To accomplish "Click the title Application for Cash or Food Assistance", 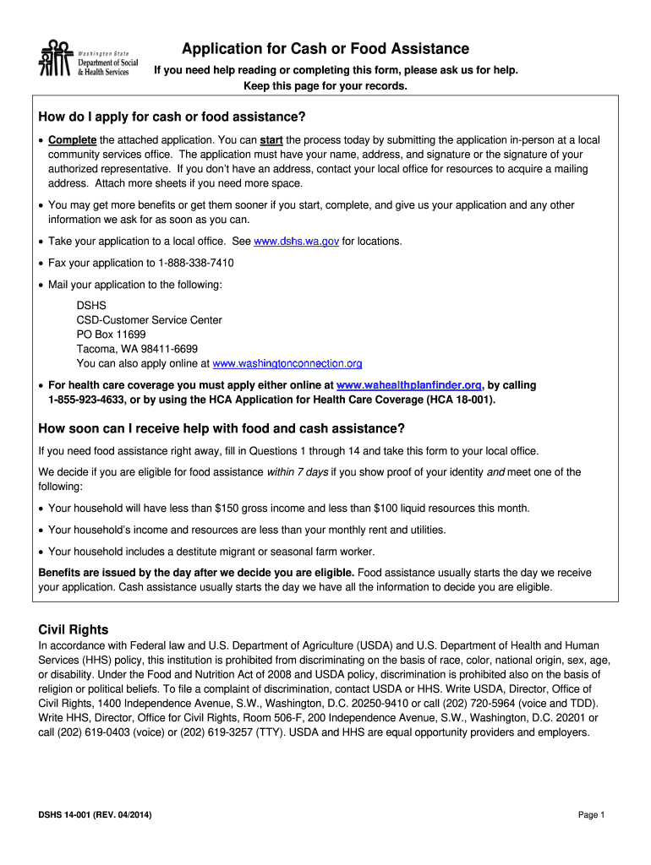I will [325, 49].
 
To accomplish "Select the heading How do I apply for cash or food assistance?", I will [172, 116].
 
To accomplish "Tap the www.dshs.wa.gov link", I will [297, 242].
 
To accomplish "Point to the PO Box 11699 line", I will [105, 335].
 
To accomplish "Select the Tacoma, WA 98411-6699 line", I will [137, 349].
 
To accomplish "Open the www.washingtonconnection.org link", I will [287, 363].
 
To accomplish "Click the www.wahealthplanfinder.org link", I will [409, 385].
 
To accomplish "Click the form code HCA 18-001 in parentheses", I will [462, 400].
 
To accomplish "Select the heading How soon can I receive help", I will [222, 428].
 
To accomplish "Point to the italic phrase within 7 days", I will [298, 472].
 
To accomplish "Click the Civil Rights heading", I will [74, 630].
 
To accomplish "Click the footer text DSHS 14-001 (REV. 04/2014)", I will [95, 815].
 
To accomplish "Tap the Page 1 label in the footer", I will [592, 815].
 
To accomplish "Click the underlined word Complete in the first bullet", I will [73, 140].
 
